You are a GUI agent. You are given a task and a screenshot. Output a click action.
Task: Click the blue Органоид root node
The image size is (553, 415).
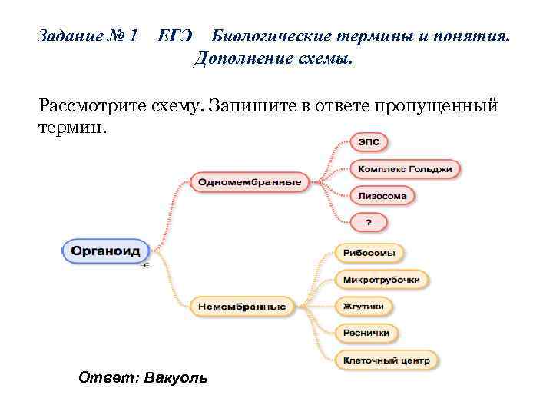click(106, 251)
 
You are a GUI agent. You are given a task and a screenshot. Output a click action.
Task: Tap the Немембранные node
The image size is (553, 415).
click(242, 306)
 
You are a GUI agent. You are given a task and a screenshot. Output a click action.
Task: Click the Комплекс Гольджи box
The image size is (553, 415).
click(406, 168)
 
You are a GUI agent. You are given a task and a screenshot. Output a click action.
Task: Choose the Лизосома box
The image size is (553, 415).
click(382, 196)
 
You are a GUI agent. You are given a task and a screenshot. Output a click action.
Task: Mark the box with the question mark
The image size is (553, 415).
click(369, 223)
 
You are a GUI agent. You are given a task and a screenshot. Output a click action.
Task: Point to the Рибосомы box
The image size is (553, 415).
click(369, 253)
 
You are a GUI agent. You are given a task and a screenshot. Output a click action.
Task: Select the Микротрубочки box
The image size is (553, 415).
click(382, 279)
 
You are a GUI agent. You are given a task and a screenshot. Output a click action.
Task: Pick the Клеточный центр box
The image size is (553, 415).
click(386, 359)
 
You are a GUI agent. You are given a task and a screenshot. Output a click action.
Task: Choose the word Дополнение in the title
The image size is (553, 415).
click(238, 59)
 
